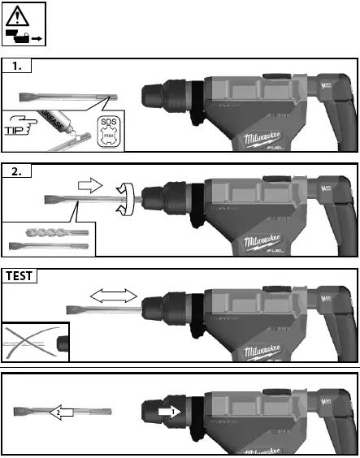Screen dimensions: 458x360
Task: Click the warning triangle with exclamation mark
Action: point(23,16)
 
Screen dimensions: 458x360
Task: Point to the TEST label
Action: point(20,276)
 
